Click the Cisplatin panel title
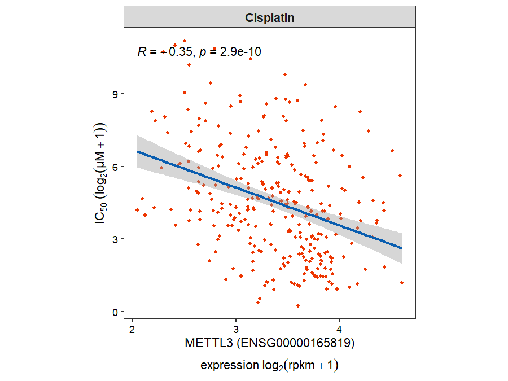270,17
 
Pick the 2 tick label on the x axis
132,329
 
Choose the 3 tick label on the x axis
235,329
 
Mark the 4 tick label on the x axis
339,329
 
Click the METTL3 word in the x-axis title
207,343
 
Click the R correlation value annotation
164,52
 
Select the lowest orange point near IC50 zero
298,306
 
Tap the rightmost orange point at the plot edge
401,283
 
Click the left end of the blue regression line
138,151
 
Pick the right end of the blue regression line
401,248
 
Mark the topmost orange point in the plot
185,41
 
